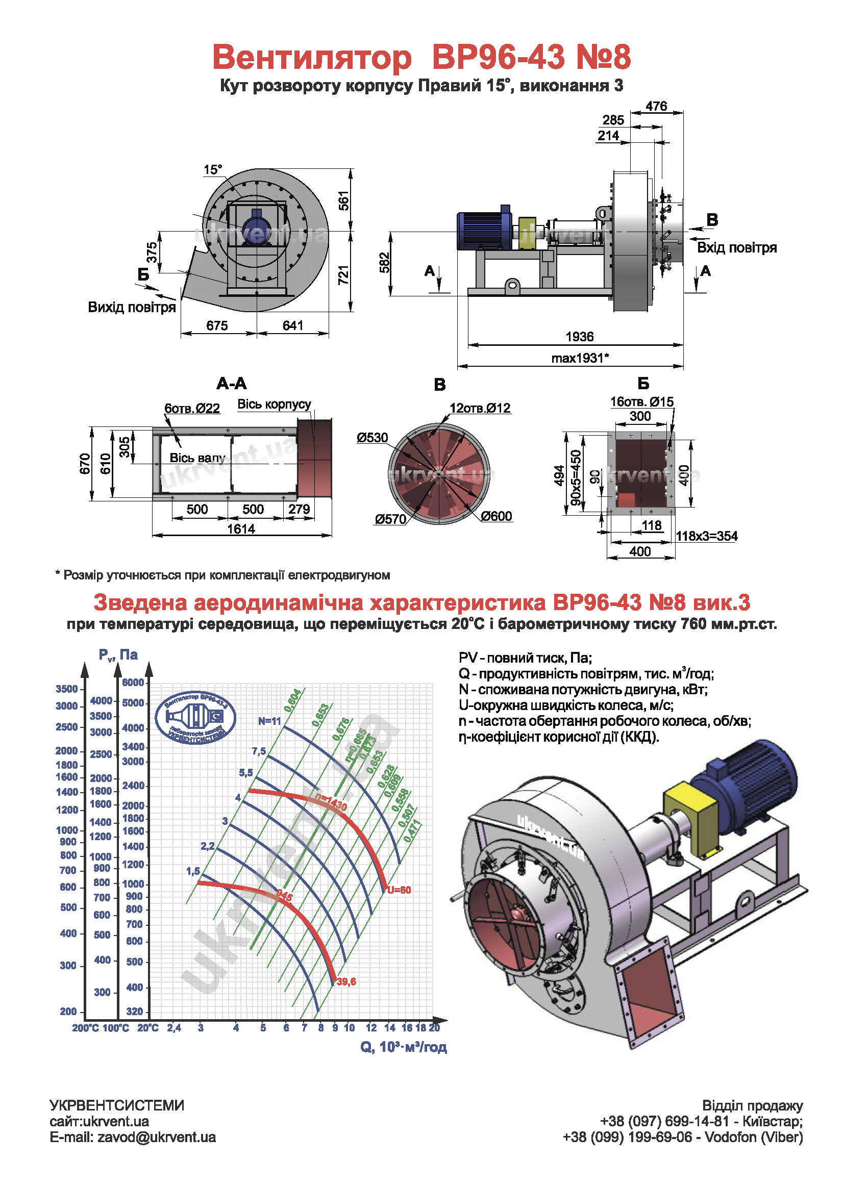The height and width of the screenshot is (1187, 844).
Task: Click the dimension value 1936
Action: pyautogui.click(x=579, y=337)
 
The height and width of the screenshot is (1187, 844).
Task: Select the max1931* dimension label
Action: pyautogui.click(x=580, y=358)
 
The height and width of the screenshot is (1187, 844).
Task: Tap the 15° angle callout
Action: pyautogui.click(x=213, y=170)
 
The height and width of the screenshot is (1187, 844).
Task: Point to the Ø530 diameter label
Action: pyautogui.click(x=372, y=437)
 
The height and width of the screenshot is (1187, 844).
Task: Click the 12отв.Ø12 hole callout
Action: pyautogui.click(x=480, y=408)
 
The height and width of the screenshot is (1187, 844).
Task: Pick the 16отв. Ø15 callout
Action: pyautogui.click(x=641, y=401)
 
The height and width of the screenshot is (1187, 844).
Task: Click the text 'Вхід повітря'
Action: pyautogui.click(x=736, y=247)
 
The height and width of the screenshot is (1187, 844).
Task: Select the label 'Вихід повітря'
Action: pyautogui.click(x=132, y=307)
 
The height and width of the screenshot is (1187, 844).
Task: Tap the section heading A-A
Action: pyautogui.click(x=231, y=384)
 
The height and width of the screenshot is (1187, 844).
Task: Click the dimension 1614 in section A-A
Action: pyautogui.click(x=241, y=529)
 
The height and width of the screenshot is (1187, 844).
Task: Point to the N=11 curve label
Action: pyautogui.click(x=270, y=721)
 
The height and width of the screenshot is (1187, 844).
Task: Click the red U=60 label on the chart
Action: pyautogui.click(x=399, y=890)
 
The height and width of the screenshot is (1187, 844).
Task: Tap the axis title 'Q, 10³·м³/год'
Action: pyautogui.click(x=403, y=1047)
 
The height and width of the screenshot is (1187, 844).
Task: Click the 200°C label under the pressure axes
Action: pyautogui.click(x=85, y=1028)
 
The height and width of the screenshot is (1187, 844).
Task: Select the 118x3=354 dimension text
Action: pyautogui.click(x=706, y=536)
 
